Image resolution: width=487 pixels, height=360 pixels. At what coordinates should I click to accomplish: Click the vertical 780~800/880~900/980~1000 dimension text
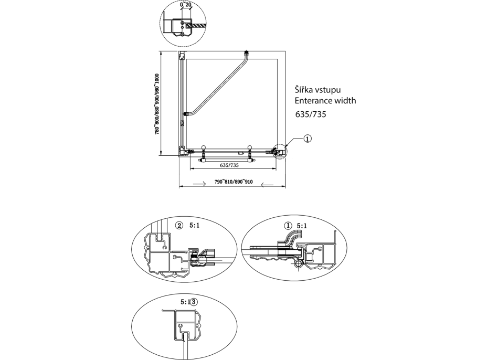pyautogui.click(x=157, y=104)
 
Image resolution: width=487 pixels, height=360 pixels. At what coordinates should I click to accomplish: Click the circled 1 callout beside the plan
pyautogui.click(x=308, y=139)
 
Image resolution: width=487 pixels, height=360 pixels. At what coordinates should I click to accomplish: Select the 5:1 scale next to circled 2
pyautogui.click(x=194, y=226)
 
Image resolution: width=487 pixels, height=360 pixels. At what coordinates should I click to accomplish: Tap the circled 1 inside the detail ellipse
pyautogui.click(x=287, y=226)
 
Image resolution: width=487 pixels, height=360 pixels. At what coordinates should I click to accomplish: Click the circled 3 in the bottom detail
pyautogui.click(x=195, y=302)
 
